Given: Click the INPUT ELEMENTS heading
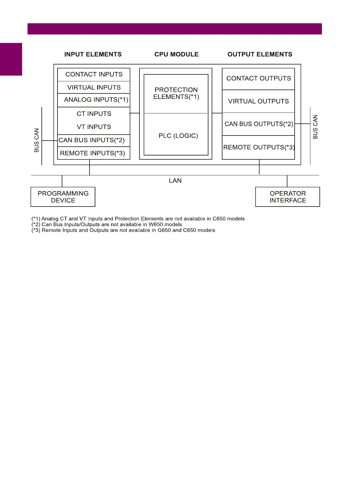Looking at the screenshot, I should point(93,54).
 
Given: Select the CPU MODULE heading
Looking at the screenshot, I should point(176,54).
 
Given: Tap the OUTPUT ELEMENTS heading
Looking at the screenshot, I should point(260,54).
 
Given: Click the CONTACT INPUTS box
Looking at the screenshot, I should point(94,74).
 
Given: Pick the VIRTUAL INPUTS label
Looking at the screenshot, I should point(94,87).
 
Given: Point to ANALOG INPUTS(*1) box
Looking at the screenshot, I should point(96,100).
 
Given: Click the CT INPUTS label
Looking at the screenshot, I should point(94,114).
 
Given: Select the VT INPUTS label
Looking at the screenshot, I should point(94,127).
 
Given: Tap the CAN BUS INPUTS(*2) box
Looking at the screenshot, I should point(92,140).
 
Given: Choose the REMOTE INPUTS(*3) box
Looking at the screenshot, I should point(93,153).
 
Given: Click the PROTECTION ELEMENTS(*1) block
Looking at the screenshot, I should point(176,93).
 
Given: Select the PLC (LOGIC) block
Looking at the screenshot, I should point(178,136).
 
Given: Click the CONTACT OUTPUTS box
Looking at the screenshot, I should point(258,79).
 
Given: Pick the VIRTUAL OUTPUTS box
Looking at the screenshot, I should point(258,101).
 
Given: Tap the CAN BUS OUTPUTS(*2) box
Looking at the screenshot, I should point(259,124).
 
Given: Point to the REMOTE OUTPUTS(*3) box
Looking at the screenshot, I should point(259,147).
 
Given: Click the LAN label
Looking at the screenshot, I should point(175,181).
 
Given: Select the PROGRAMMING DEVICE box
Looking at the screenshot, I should point(63,197).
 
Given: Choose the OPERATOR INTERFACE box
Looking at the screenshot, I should point(288,197).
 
